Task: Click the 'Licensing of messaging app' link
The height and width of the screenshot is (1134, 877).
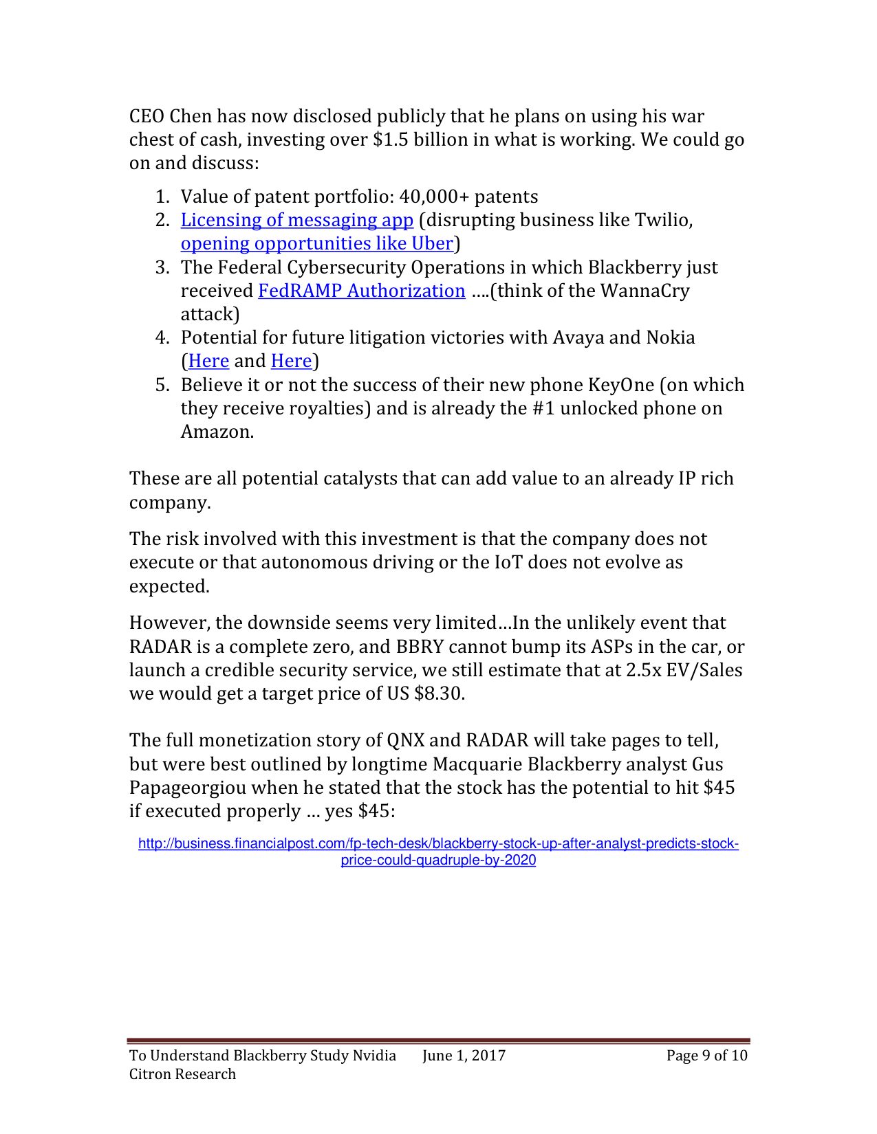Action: (x=296, y=220)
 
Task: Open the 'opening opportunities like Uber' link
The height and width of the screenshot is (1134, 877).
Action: (x=316, y=243)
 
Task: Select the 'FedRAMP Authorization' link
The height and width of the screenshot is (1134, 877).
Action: (x=362, y=291)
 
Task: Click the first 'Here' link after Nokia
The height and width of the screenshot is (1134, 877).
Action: (x=208, y=361)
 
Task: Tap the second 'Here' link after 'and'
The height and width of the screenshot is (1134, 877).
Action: (x=291, y=361)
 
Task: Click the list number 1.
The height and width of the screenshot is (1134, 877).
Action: (x=162, y=197)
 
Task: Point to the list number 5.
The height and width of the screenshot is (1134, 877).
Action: (x=162, y=385)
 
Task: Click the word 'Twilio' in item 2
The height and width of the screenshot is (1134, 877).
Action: (x=660, y=220)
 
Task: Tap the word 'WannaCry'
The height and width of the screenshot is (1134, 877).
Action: (x=645, y=291)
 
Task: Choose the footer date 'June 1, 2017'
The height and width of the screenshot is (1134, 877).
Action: (x=464, y=1056)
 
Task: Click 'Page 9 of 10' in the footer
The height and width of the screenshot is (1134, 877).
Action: (x=706, y=1056)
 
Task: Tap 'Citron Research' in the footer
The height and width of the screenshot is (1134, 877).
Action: (x=182, y=1074)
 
